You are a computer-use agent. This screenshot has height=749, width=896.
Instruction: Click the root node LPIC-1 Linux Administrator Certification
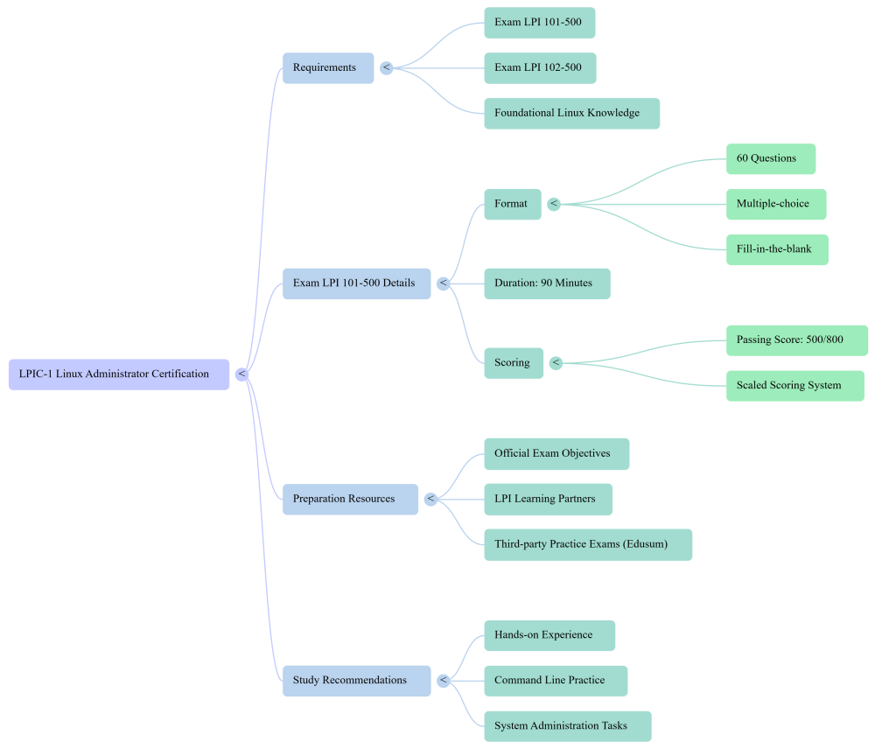click(x=119, y=374)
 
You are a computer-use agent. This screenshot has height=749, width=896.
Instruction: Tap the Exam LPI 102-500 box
click(x=540, y=68)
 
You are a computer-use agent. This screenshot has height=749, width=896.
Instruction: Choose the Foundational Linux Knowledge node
click(x=571, y=114)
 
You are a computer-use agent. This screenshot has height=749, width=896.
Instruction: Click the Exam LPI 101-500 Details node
click(x=356, y=283)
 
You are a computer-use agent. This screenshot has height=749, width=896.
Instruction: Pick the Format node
click(x=512, y=205)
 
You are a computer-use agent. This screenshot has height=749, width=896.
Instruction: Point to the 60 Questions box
click(x=770, y=159)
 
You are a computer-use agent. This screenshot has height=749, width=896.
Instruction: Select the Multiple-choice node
click(x=775, y=205)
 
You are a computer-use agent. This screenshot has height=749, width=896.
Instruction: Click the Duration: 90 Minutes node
click(x=547, y=283)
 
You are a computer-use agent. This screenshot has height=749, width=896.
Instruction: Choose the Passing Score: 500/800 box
click(x=796, y=340)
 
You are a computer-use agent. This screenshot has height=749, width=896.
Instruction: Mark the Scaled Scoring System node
click(x=794, y=386)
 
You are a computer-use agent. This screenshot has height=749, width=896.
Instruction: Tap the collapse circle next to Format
click(x=554, y=205)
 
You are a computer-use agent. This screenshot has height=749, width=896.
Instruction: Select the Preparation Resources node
click(x=350, y=500)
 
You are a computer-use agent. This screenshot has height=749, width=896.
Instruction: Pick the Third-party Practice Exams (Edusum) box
click(x=588, y=544)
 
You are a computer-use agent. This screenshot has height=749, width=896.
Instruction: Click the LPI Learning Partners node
click(x=548, y=500)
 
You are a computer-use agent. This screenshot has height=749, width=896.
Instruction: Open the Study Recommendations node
click(x=356, y=681)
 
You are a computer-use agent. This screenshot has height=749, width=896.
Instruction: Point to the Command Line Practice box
click(x=556, y=681)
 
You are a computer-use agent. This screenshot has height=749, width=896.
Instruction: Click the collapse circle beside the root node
click(x=242, y=374)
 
